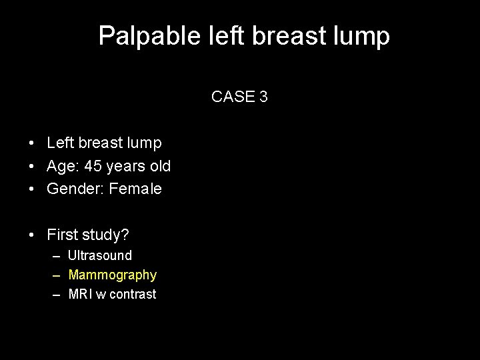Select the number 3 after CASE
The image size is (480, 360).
click(x=264, y=97)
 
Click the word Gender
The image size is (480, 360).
click(x=69, y=189)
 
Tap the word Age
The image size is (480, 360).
click(x=60, y=166)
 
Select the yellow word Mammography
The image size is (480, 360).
click(x=112, y=275)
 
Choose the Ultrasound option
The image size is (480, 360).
click(x=100, y=255)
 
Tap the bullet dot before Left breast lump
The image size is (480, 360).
click(x=32, y=143)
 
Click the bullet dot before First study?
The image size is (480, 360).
click(x=32, y=235)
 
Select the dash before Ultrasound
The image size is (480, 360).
click(x=53, y=255)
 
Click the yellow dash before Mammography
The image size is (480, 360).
click(x=53, y=275)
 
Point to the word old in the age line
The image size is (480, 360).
click(x=159, y=166)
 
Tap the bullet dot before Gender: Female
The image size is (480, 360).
click(x=32, y=189)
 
